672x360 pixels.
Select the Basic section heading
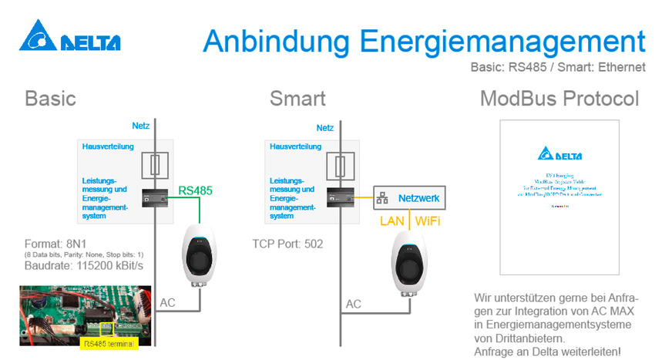(x=51, y=99)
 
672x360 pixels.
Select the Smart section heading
(x=297, y=99)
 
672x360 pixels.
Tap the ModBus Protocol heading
(x=559, y=99)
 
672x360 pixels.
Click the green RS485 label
(x=195, y=189)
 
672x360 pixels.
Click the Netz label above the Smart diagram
(x=324, y=128)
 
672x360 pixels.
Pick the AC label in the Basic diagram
(x=167, y=304)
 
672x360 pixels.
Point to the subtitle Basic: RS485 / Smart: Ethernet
(x=557, y=67)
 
